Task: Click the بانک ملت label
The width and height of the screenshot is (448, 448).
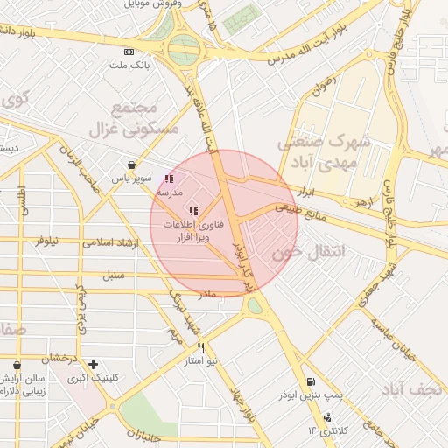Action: click(130, 66)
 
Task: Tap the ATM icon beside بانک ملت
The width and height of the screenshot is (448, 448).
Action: click(130, 52)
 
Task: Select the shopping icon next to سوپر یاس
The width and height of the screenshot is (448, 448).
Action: click(131, 164)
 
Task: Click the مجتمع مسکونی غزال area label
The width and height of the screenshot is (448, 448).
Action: click(133, 118)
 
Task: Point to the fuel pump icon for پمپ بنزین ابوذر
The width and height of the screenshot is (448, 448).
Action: click(311, 382)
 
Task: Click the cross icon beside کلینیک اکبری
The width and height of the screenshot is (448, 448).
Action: click(93, 364)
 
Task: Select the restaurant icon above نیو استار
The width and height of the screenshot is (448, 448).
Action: click(201, 347)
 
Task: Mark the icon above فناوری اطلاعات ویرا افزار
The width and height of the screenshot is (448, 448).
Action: click(193, 211)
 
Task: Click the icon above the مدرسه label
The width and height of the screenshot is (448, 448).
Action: click(169, 179)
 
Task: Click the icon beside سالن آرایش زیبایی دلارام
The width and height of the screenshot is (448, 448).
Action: click(17, 364)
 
